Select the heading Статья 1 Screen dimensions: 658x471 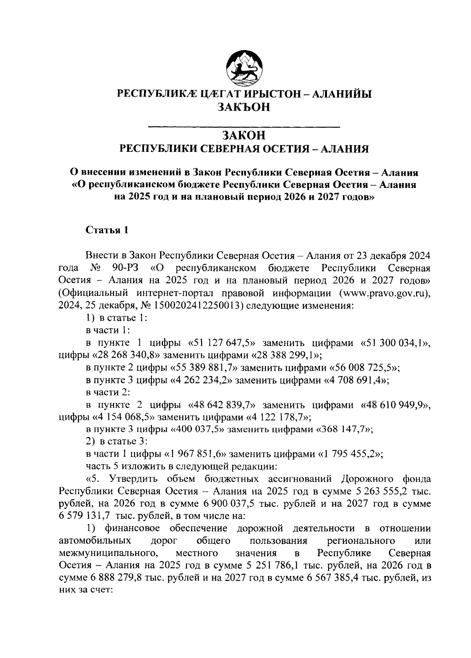point(107,230)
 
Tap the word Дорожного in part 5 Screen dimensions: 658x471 point(367,479)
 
